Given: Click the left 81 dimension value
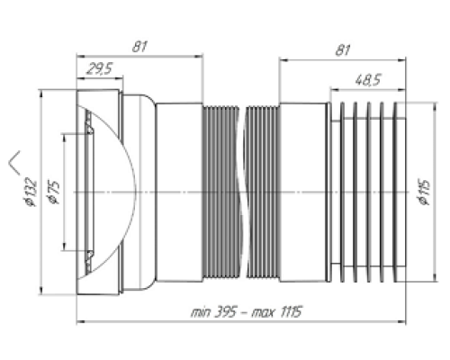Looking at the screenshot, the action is pos(139,47).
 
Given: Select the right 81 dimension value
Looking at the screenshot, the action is pos(343,50).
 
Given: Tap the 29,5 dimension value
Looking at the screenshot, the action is pos(99,68).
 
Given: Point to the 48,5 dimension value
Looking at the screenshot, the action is pos(368,80).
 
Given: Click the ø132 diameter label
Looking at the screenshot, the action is pos(31,193).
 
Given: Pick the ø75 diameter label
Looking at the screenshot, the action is pos(53,193).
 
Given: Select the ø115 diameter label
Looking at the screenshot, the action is pos(423,193).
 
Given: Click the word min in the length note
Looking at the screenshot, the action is pos(201,312).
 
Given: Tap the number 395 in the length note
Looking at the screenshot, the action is pos(225,312).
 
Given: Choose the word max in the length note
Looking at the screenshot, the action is pos(263,313).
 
